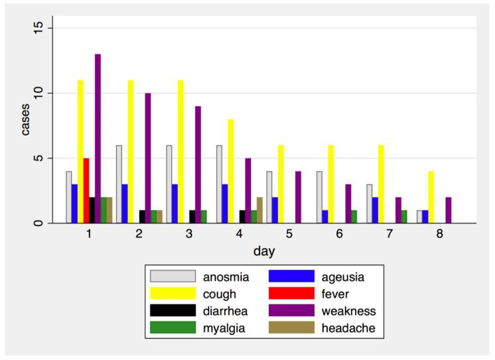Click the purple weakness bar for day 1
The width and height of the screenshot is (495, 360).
(x=98, y=139)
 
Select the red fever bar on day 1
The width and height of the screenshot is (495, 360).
(x=86, y=191)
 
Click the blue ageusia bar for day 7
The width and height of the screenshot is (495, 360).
(x=376, y=210)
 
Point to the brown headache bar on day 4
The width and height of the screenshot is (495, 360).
(x=260, y=210)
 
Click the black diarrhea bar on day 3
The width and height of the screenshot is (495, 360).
(x=192, y=217)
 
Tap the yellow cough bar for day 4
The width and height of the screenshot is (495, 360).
(x=230, y=171)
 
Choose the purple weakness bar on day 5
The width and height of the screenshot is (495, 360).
(x=299, y=198)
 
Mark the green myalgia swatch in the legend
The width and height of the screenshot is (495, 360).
(x=173, y=328)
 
